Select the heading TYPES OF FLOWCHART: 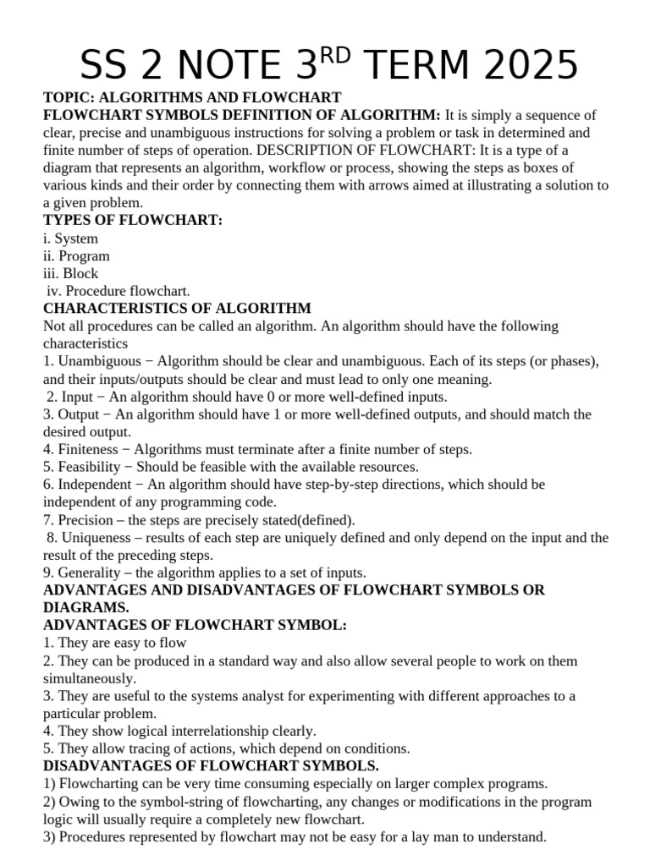tap(133, 221)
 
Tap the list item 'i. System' tap(70, 238)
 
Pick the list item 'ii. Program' tap(76, 256)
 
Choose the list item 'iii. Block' tap(70, 273)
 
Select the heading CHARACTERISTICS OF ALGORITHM tap(177, 309)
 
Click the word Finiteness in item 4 tap(91, 449)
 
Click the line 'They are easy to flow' tap(114, 643)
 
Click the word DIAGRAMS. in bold tap(86, 607)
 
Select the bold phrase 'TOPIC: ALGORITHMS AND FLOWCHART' tap(192, 97)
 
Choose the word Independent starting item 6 tap(95, 485)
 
